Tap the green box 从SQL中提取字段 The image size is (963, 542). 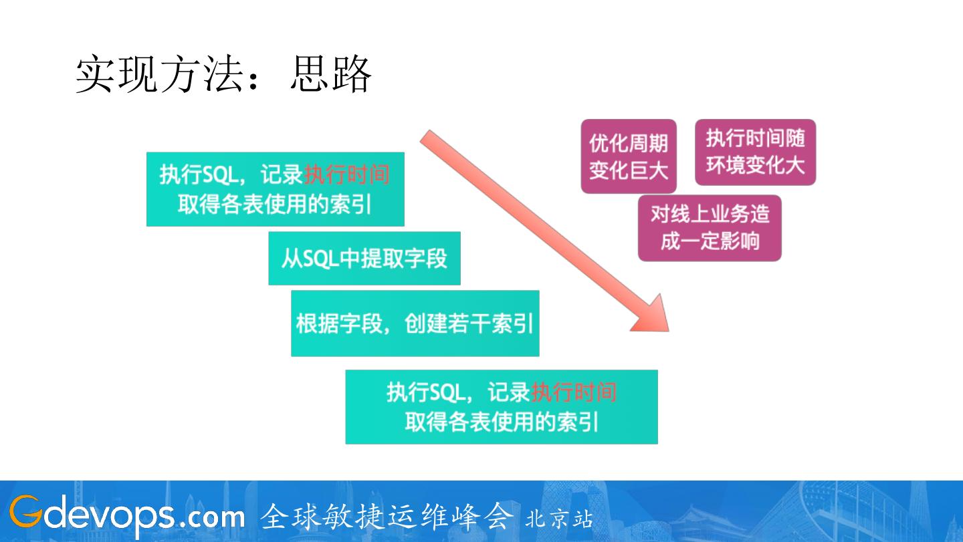[x=364, y=259]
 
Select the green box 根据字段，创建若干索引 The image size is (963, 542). [x=415, y=323]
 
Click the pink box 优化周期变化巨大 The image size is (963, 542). [x=628, y=156]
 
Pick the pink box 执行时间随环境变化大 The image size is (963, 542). [x=755, y=152]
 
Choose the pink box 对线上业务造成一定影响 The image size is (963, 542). [x=710, y=228]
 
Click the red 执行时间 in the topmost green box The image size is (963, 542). [x=346, y=175]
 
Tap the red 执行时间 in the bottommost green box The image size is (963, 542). [x=574, y=392]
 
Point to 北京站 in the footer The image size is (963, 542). [x=559, y=519]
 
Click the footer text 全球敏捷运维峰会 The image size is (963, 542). [x=387, y=517]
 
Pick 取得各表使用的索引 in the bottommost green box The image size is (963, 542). [x=501, y=422]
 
